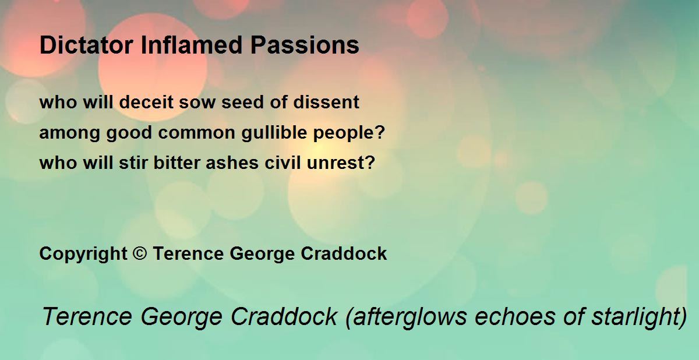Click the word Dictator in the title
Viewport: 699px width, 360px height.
point(86,45)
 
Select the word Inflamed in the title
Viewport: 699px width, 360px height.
point(192,45)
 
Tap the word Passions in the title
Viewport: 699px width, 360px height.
point(305,45)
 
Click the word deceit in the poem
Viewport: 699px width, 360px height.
point(146,102)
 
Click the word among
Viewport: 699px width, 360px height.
point(69,133)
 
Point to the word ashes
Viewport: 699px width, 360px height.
point(232,163)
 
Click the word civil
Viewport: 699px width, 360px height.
point(283,163)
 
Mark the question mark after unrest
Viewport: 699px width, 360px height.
point(370,163)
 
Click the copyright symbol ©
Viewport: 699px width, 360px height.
point(139,253)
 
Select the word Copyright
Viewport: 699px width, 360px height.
point(83,253)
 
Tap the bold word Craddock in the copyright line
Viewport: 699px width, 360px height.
point(344,253)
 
